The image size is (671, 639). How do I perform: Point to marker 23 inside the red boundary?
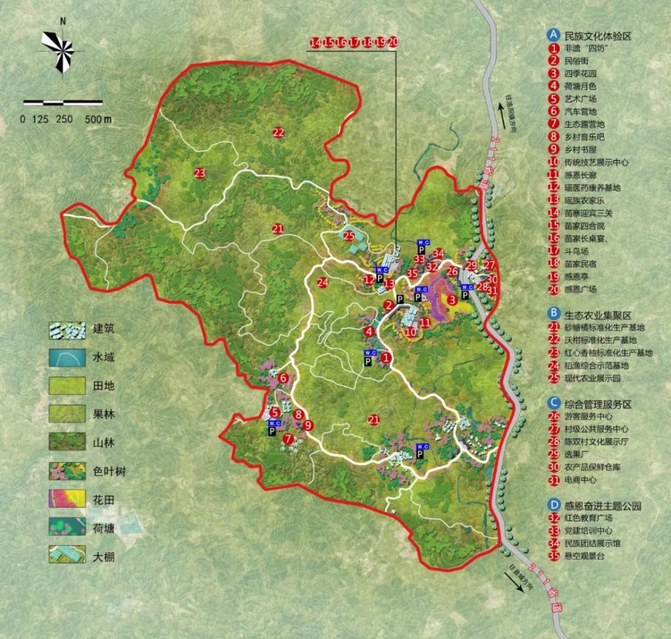[x=199, y=174]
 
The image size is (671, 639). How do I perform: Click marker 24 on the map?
[x=323, y=282]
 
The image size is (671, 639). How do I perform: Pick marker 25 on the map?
[x=349, y=235]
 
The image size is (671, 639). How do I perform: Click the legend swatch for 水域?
[x=67, y=357]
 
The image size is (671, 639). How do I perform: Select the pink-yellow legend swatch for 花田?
[x=67, y=500]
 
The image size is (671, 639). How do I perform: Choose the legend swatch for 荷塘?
[x=67, y=528]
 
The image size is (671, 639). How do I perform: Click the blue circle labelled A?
[x=554, y=34]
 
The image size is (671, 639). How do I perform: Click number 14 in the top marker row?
[x=315, y=42]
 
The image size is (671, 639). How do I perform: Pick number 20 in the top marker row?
[x=393, y=42]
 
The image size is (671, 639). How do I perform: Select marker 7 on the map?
[x=288, y=439]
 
